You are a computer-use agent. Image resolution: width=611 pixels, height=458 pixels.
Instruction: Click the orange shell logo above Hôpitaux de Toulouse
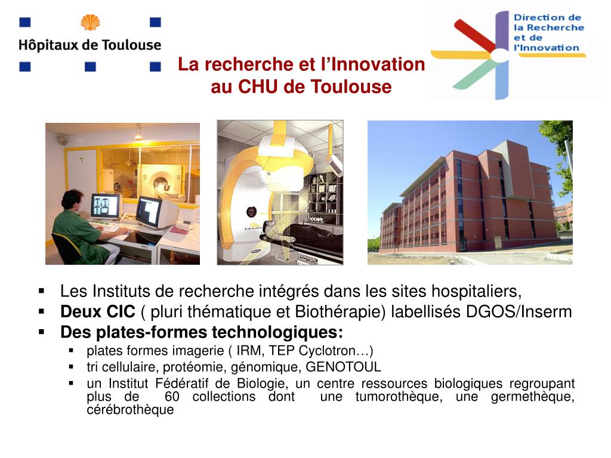pyautogui.click(x=90, y=23)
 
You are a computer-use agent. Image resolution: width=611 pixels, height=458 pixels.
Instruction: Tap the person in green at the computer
pyautogui.click(x=78, y=230)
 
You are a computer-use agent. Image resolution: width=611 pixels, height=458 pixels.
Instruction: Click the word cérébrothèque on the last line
pyautogui.click(x=130, y=410)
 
